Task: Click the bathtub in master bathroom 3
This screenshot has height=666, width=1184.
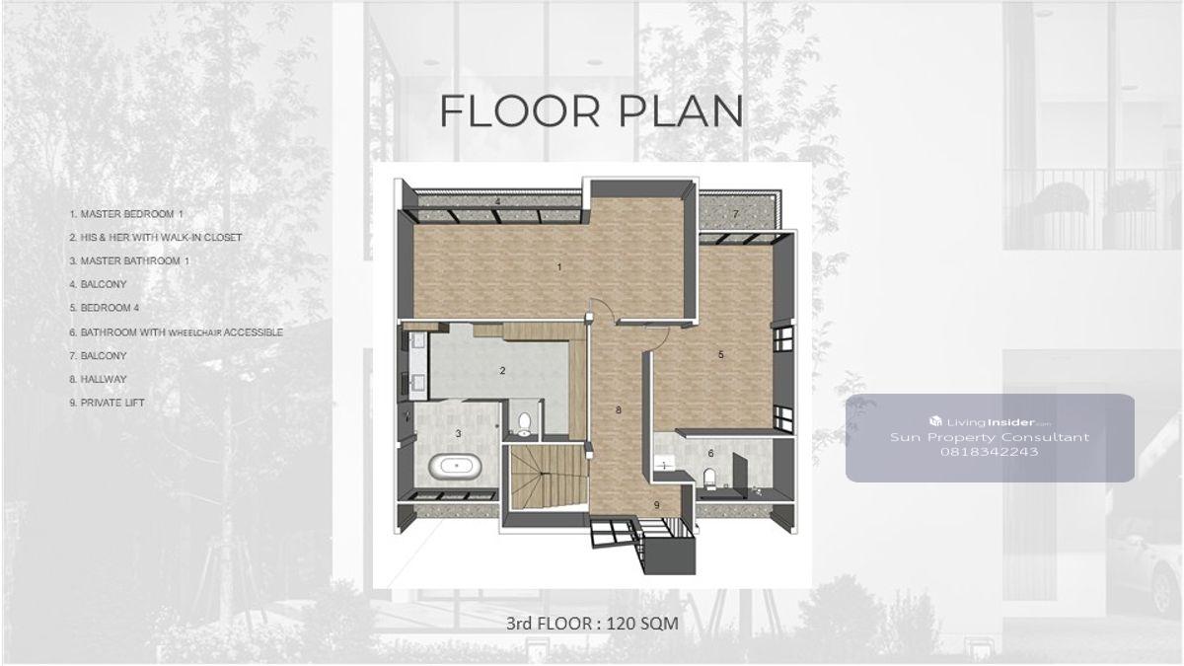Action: click(x=455, y=467)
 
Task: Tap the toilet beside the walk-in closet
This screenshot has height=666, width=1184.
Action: click(x=524, y=424)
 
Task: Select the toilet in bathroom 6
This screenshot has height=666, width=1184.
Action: click(x=709, y=479)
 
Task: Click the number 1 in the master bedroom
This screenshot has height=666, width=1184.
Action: click(x=559, y=267)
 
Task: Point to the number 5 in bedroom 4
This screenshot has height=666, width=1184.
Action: click(x=720, y=354)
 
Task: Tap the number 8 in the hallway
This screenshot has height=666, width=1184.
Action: click(x=619, y=409)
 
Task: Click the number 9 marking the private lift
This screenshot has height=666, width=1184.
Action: click(x=657, y=505)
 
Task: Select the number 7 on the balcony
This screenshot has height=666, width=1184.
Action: click(x=735, y=214)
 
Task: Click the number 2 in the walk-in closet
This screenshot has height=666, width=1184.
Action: click(x=502, y=371)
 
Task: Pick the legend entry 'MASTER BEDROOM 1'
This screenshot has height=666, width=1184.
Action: click(x=126, y=214)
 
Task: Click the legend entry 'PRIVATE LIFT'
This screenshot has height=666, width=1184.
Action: click(x=107, y=403)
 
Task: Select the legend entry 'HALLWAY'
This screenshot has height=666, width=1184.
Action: click(x=98, y=380)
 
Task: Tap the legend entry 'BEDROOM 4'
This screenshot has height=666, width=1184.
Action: click(x=105, y=308)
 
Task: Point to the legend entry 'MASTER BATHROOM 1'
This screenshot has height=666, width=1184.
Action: click(x=129, y=261)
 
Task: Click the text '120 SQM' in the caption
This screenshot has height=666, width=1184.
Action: click(x=642, y=624)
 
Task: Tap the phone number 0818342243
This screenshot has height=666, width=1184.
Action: click(x=989, y=452)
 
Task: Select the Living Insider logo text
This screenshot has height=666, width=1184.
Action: click(x=990, y=422)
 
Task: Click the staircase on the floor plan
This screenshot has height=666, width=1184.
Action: click(x=550, y=477)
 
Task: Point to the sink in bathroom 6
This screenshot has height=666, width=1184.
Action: click(x=663, y=463)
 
